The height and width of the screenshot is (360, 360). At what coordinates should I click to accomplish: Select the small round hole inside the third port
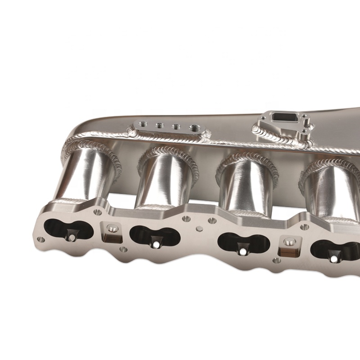(243, 251)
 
